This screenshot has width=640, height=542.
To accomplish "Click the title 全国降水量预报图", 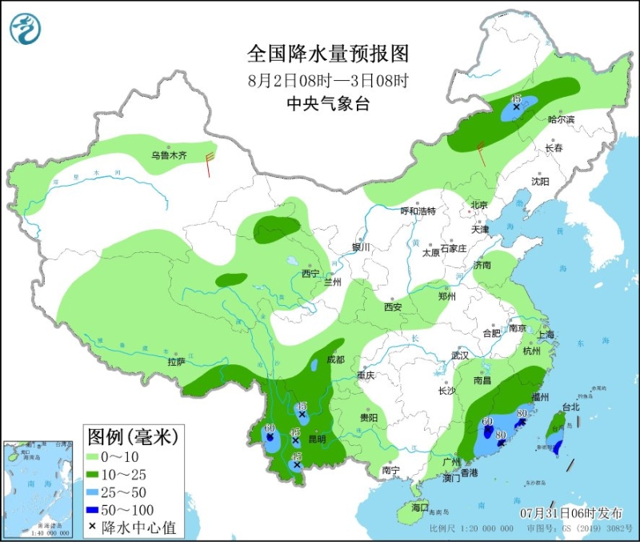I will point(328,54).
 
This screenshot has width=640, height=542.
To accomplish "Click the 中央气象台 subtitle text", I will point(328,104).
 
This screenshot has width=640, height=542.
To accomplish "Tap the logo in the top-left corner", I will point(26,28).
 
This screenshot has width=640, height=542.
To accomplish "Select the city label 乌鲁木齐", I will point(169,155).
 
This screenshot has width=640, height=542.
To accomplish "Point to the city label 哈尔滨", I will point(561,119).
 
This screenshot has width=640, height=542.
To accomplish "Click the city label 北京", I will point(479,205).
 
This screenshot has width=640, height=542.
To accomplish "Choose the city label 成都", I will point(335,360).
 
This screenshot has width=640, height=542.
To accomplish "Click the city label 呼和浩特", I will point(418,211).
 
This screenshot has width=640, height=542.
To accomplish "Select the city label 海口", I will point(420,508).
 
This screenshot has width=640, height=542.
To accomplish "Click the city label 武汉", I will point(459,354).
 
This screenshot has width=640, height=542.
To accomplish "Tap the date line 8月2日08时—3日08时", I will point(328,80).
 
